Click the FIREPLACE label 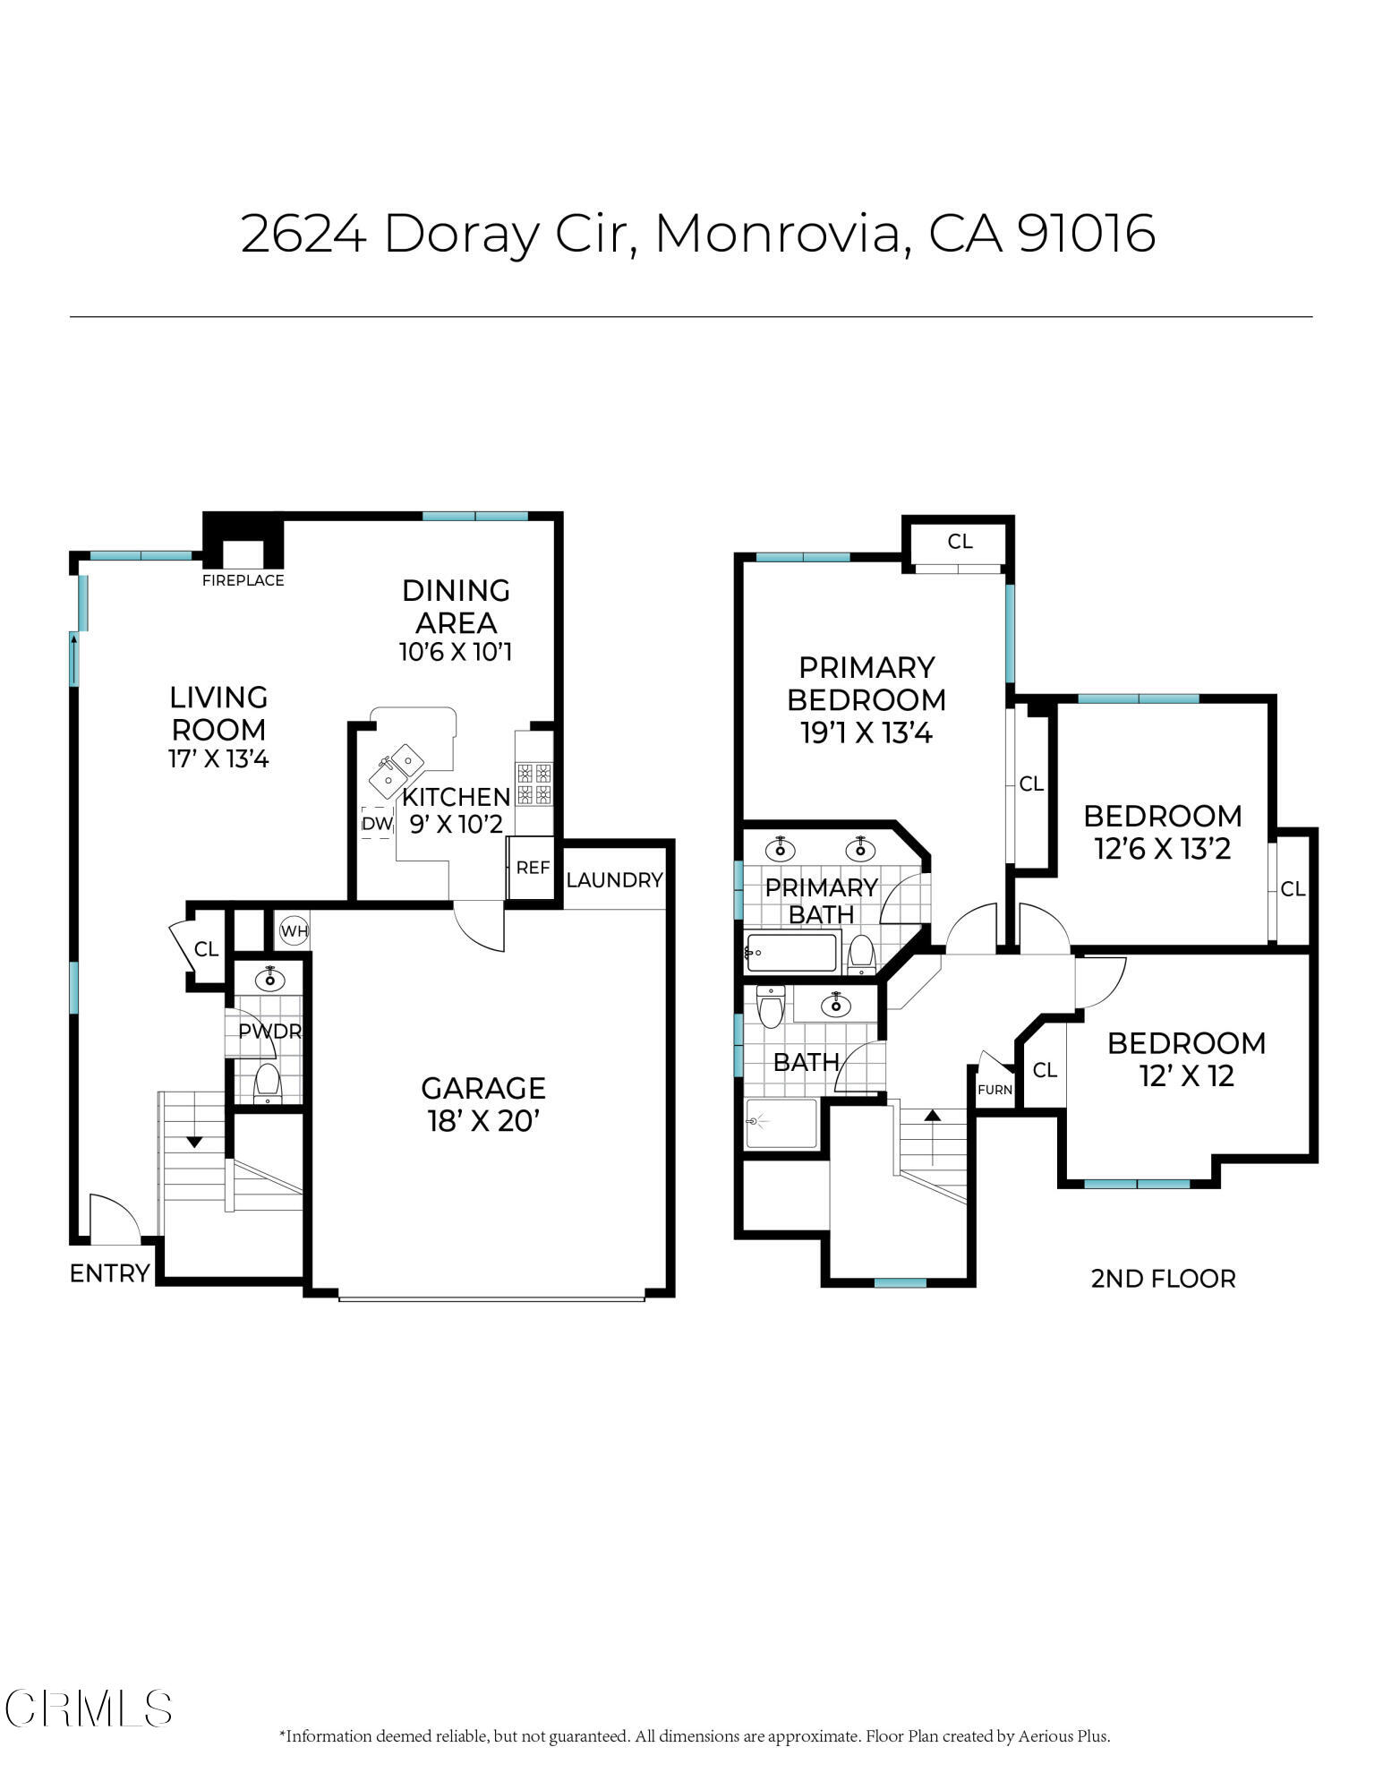pos(243,580)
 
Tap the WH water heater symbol pos(294,931)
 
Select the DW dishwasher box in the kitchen pos(377,823)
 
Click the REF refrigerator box pos(533,868)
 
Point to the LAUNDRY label pos(614,880)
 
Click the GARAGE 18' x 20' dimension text pos(482,1120)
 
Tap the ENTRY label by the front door pos(109,1272)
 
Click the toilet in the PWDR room pos(268,1083)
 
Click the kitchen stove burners pos(534,783)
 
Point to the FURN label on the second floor pos(995,1090)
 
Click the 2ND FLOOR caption pos(1162,1278)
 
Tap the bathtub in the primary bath pos(791,952)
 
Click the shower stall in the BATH pos(781,1123)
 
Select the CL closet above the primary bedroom pos(960,542)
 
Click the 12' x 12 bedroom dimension pos(1186,1075)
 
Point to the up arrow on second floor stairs pos(933,1115)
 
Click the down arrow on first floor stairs pos(193,1142)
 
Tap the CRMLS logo pos(89,1708)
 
